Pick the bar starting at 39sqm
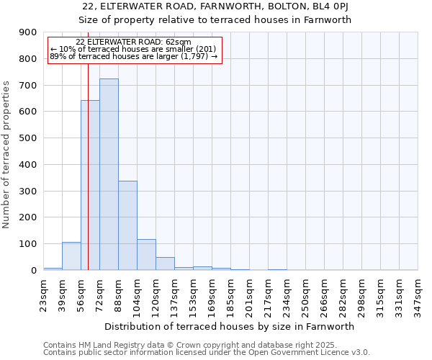(71, 256)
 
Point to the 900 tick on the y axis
(28, 32)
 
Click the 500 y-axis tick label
(28, 138)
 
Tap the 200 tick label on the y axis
(28, 217)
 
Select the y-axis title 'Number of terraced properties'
(7, 154)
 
